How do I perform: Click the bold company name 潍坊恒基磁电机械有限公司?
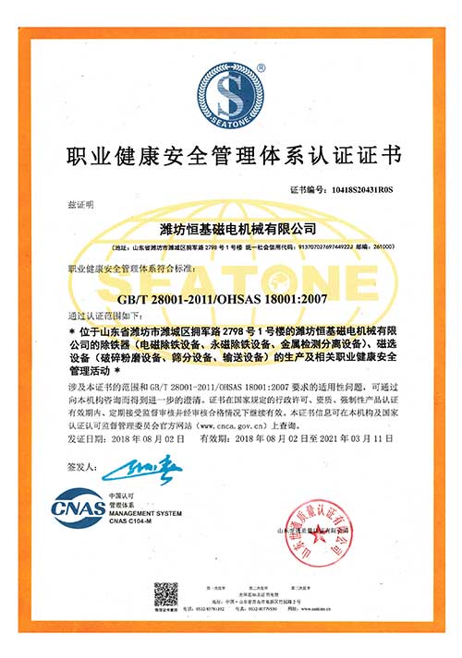[x=231, y=227]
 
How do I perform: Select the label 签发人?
[x=81, y=468]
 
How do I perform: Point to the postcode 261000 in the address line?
[x=382, y=247]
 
